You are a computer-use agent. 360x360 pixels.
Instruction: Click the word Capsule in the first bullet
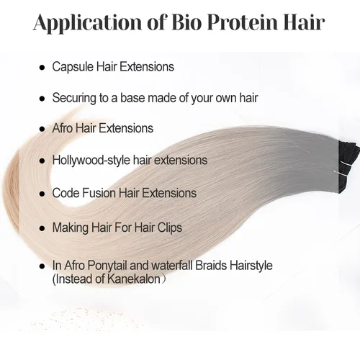(x=73, y=67)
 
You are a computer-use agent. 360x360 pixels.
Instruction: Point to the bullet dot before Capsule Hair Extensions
(x=42, y=68)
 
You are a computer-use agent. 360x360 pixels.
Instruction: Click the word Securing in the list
(x=76, y=98)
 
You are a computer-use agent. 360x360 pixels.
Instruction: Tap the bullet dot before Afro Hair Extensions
(x=42, y=129)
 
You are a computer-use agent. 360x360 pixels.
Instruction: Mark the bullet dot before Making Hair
(x=42, y=228)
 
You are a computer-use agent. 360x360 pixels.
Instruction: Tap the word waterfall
(x=182, y=266)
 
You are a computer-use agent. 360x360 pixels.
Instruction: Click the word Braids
(x=224, y=266)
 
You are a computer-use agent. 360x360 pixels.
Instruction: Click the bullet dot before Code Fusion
(x=42, y=194)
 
